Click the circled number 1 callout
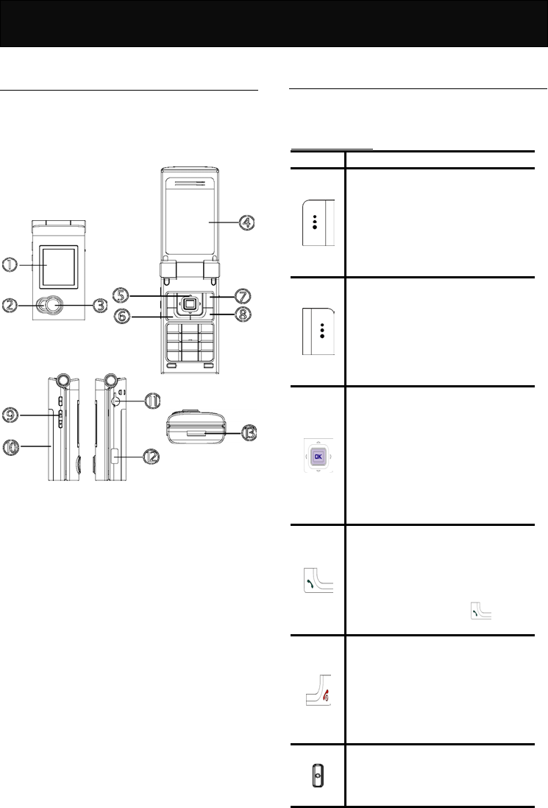[x=10, y=265]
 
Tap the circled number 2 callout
[x=10, y=305]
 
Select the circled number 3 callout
[x=99, y=305]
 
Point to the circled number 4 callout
[x=247, y=222]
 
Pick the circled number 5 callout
[x=121, y=295]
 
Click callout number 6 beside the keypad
[x=122, y=315]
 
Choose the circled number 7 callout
[x=243, y=296]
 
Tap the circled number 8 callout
[x=243, y=314]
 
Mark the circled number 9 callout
[x=10, y=415]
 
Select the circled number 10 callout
[x=10, y=446]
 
